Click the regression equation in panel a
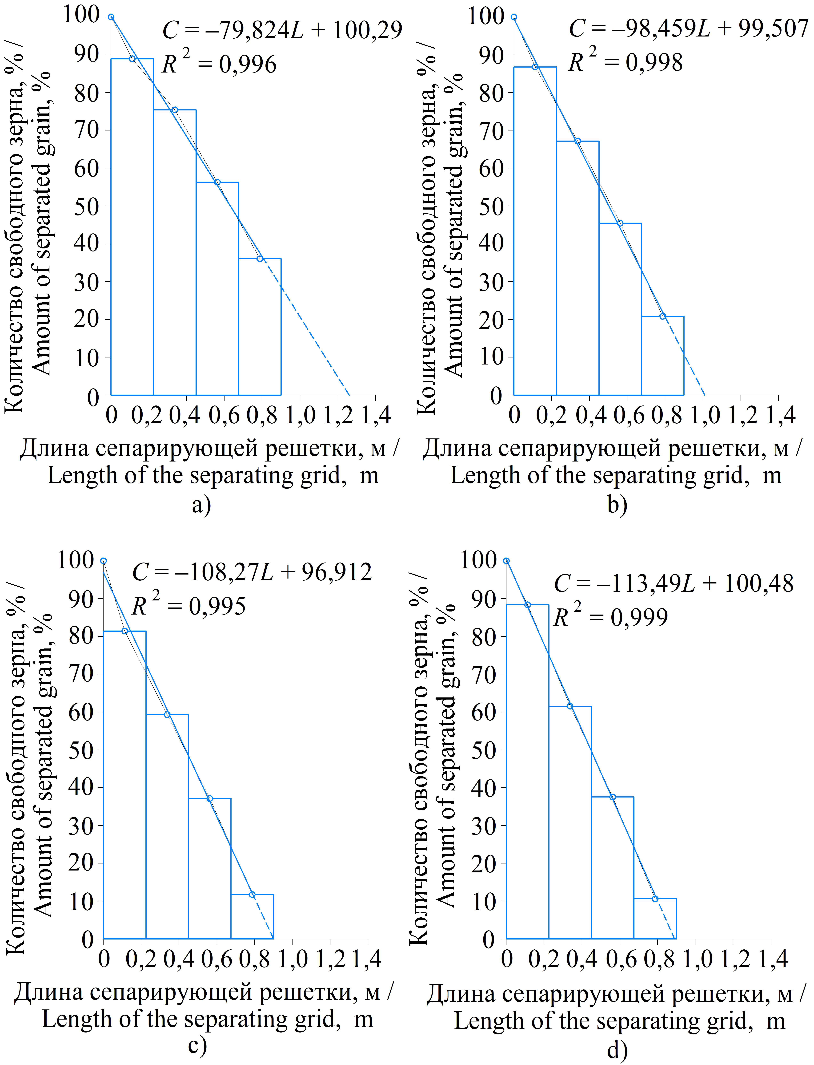[282, 30]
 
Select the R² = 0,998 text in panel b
[625, 62]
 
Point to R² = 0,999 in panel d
[610, 617]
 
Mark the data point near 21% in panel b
[662, 316]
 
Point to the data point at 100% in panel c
[103, 561]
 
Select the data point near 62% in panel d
[570, 706]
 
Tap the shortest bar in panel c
[252, 916]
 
